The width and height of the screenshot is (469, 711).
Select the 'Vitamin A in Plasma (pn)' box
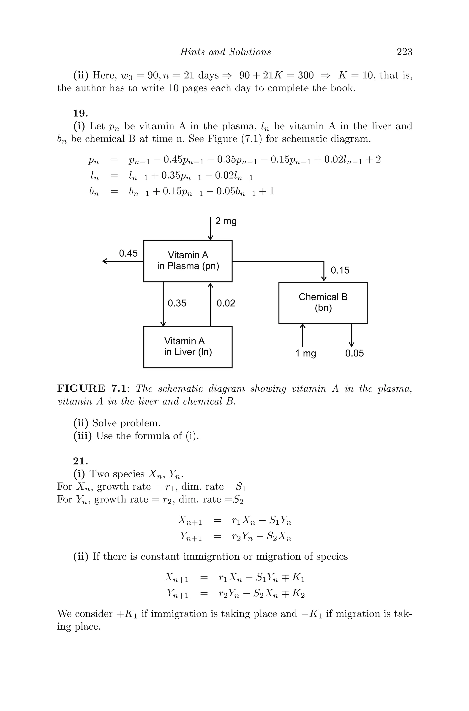click(188, 261)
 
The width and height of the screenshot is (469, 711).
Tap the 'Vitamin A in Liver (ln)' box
click(188, 347)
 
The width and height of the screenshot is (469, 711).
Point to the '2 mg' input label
click(226, 221)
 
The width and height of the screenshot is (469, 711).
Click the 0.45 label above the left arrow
click(128, 253)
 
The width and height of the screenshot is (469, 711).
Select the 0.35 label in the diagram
click(177, 303)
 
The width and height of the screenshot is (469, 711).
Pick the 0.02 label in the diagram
click(226, 303)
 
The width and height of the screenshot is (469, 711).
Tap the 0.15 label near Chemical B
click(340, 271)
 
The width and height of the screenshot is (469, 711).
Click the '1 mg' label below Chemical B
click(306, 353)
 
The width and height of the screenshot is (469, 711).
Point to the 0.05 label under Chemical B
click(354, 353)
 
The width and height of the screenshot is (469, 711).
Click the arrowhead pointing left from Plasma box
click(105, 261)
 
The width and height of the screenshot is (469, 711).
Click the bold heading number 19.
click(80, 113)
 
